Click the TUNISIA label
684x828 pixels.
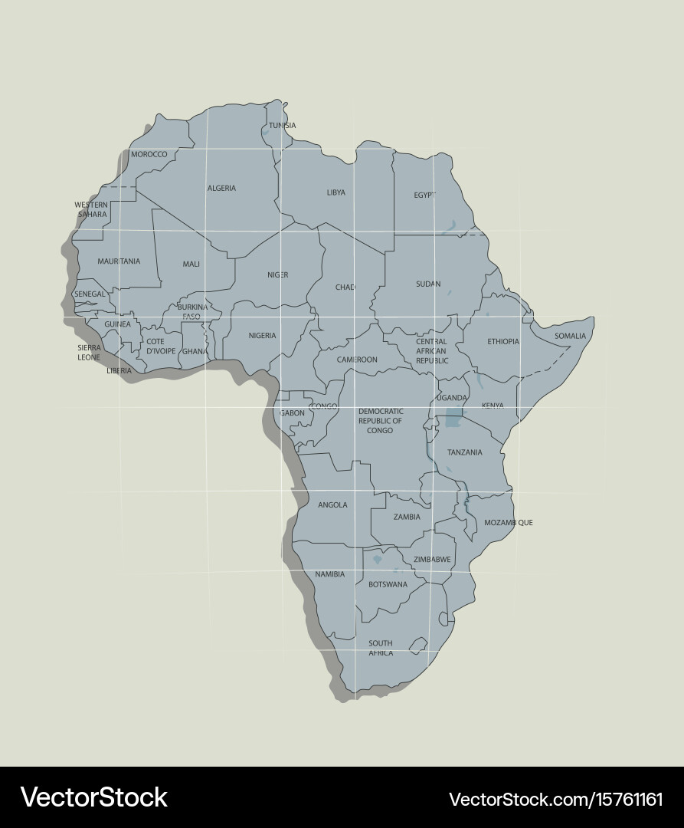(282, 126)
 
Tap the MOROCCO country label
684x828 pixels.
(149, 154)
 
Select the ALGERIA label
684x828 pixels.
(221, 188)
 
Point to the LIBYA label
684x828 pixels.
(335, 192)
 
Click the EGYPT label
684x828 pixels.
(424, 195)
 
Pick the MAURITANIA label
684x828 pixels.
(119, 261)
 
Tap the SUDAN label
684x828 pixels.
(428, 284)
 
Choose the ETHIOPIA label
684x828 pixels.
(503, 341)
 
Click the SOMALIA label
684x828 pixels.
(570, 336)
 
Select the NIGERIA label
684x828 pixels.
(262, 335)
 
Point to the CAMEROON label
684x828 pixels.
(357, 360)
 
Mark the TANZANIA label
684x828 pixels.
(464, 452)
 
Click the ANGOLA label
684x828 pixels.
(332, 504)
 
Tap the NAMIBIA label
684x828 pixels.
(329, 574)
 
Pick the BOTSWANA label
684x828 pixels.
(388, 584)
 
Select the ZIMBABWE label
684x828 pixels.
(432, 560)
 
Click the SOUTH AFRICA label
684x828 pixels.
(381, 648)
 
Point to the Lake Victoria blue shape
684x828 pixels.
(453, 421)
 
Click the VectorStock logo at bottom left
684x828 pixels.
(93, 797)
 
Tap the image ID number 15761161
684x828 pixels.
(620, 799)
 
